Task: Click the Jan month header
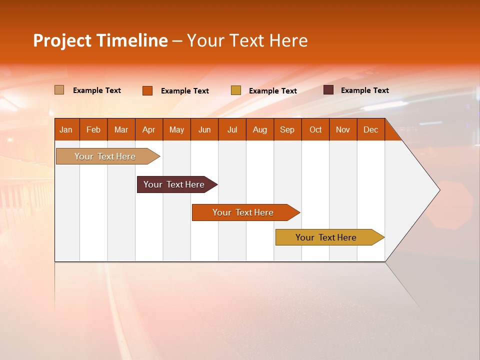pos(66,129)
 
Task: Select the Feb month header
pos(93,129)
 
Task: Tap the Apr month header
pos(149,129)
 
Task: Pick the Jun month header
pos(204,129)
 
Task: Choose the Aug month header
pos(260,129)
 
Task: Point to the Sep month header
pos(287,129)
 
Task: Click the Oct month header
pos(315,129)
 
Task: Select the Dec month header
pos(371,129)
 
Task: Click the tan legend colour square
pos(59,90)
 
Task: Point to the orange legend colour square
pos(147,90)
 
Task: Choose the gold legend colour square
pos(235,90)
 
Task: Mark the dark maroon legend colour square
pos(328,90)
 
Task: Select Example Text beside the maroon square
pos(364,90)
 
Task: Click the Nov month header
pos(343,129)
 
